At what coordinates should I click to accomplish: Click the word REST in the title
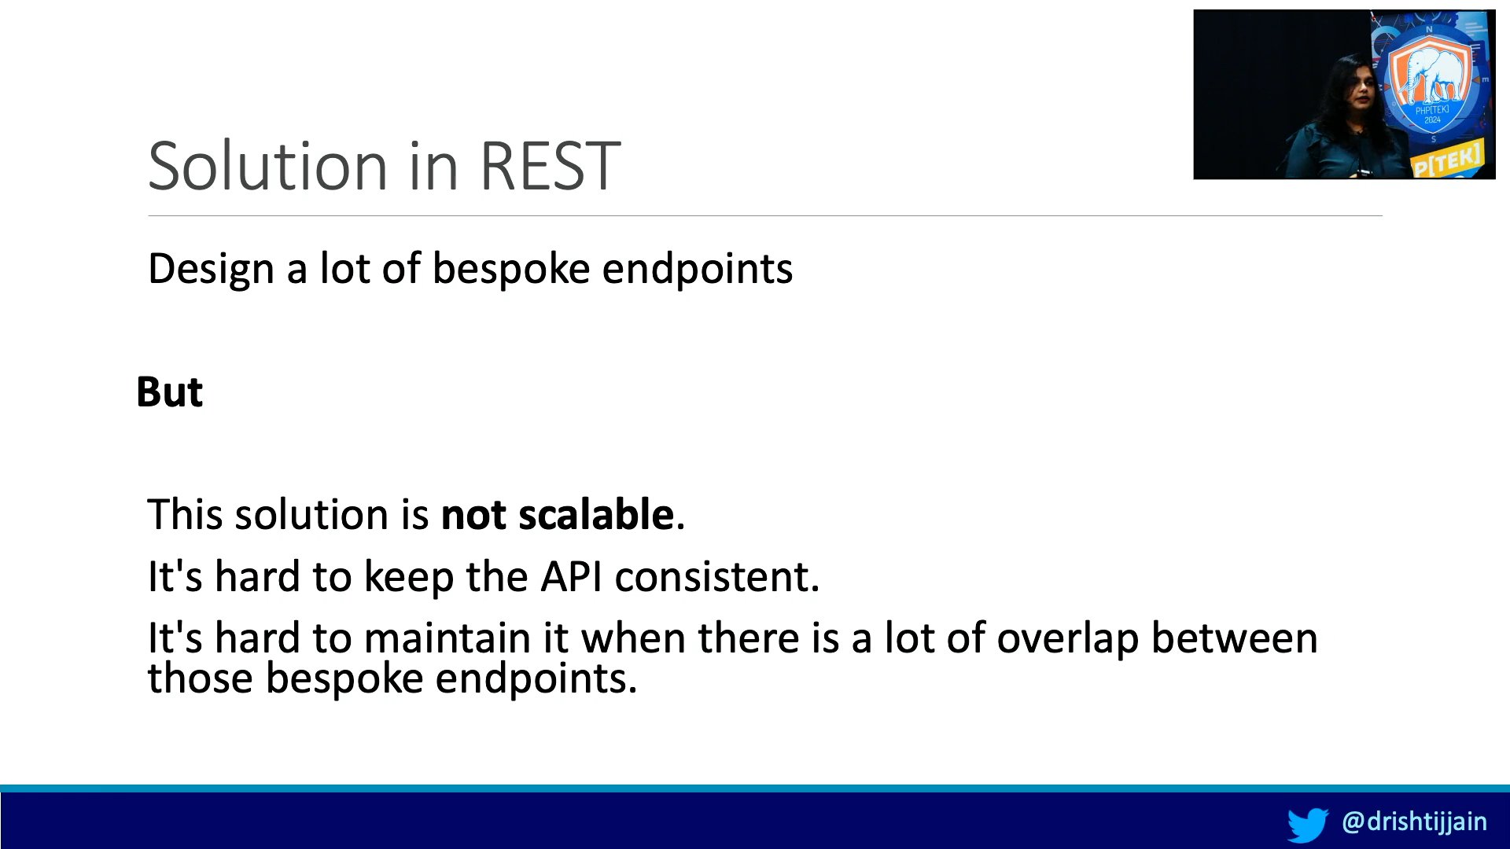click(550, 166)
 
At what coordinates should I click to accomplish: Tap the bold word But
click(169, 391)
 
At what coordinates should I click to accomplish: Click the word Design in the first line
click(211, 269)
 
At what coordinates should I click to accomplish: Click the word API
click(571, 576)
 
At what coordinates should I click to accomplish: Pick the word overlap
click(1067, 638)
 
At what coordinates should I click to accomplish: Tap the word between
click(1235, 638)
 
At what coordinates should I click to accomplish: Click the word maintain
click(447, 638)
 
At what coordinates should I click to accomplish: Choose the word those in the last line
click(200, 678)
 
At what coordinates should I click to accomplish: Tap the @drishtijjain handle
click(1414, 821)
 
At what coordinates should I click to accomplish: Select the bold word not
click(473, 515)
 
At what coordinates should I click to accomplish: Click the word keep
click(409, 578)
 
